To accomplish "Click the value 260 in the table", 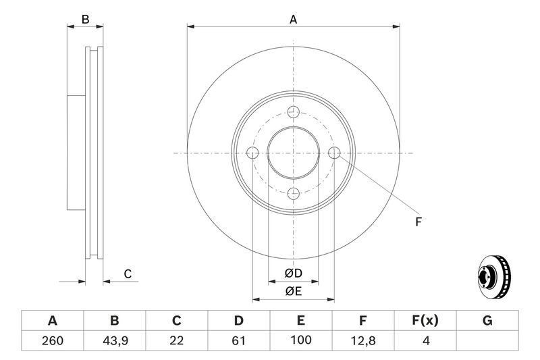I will [x=52, y=341].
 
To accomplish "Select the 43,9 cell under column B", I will [x=114, y=341].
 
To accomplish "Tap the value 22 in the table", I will [x=177, y=341].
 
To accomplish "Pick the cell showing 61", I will [x=239, y=341].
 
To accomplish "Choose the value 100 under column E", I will [x=301, y=341].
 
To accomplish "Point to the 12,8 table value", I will [x=363, y=341].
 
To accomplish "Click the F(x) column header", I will [x=425, y=321].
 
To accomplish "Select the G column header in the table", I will [x=487, y=321].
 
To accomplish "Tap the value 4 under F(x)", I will [x=425, y=341].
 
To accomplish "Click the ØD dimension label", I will [x=293, y=273].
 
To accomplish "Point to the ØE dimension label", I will [x=293, y=292].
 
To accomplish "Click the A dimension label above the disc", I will [x=293, y=20].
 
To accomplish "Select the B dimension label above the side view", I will [x=85, y=20].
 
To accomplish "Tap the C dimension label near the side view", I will [x=127, y=274].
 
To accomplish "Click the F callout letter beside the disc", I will [x=418, y=222].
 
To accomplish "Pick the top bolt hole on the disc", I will [x=293, y=113].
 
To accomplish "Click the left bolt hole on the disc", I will [x=252, y=153].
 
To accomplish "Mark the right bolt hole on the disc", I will [x=333, y=153].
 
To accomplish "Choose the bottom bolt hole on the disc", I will [x=293, y=194].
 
